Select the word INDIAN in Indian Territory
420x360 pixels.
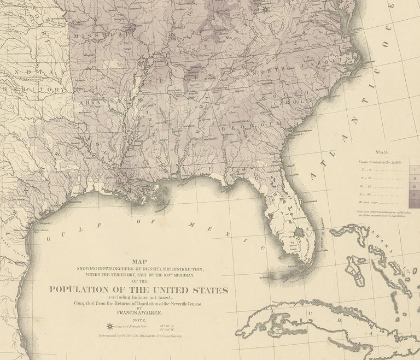pos(16,70)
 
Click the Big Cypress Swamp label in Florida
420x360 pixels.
pos(296,241)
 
